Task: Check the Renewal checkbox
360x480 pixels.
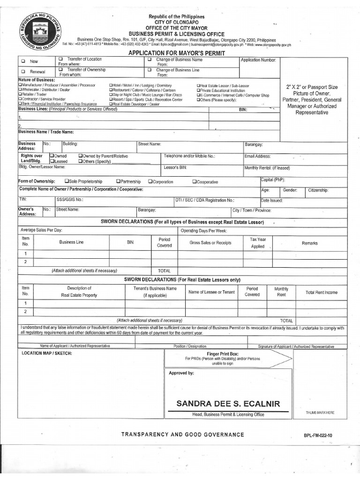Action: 22,72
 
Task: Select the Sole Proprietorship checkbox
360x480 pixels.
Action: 67,181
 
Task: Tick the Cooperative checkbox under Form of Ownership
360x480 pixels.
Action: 194,181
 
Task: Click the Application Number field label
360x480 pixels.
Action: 258,60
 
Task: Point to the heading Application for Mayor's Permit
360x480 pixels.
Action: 177,53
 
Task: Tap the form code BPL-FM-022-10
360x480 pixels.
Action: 320,435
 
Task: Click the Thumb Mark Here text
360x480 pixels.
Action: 320,412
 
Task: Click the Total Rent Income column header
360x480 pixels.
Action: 321,292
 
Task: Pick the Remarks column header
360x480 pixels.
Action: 309,243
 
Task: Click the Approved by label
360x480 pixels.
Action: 181,373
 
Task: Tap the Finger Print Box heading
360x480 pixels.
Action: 223,354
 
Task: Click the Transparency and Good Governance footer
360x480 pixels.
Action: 183,435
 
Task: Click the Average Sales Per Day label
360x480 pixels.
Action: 41,230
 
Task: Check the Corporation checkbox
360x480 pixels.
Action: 150,181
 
